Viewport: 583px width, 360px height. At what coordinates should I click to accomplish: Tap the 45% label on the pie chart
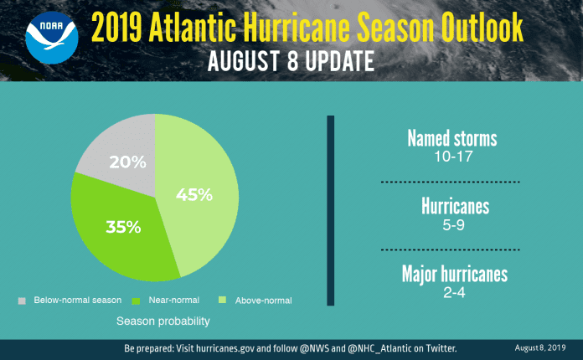[x=194, y=195]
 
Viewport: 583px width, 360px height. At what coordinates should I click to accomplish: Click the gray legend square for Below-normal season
[x=21, y=300]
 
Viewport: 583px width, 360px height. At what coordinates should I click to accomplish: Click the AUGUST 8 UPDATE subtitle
[x=292, y=61]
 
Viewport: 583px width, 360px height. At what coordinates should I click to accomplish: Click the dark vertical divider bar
[x=330, y=210]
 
